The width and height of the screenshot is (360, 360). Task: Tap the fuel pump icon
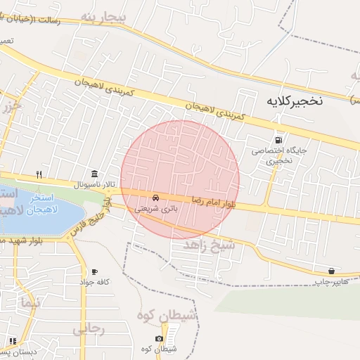coord(281,139)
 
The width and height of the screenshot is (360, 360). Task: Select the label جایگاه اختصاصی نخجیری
coord(280,155)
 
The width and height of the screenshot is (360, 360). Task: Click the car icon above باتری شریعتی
coord(156,198)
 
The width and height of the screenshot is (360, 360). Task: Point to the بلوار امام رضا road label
coord(212,203)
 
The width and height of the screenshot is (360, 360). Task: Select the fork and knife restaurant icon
coord(40,174)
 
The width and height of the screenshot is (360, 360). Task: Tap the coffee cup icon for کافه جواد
coord(94,271)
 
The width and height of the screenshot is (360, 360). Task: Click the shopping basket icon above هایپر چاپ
coord(331,271)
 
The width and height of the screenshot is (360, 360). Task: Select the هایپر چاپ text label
coord(330,281)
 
